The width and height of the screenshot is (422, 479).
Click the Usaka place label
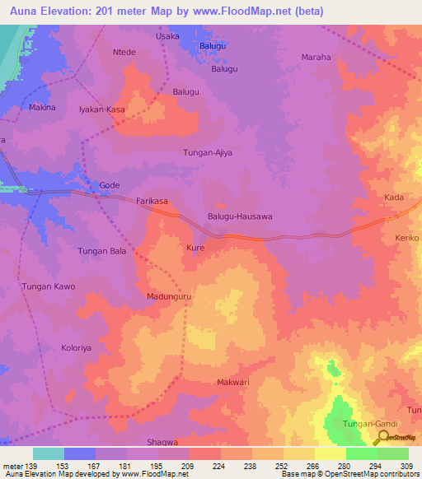coord(168,37)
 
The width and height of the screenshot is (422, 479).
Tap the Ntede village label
coord(124,52)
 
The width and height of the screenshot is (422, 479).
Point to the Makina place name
coord(42,108)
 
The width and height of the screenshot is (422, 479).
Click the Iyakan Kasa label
coord(101,109)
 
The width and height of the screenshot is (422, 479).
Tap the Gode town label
coord(110,186)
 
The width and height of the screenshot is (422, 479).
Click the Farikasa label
coord(152,201)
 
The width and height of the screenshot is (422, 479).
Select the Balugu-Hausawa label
coord(240,216)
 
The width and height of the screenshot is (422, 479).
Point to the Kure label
coord(195,247)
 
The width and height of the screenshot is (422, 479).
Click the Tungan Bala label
coord(101,250)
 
